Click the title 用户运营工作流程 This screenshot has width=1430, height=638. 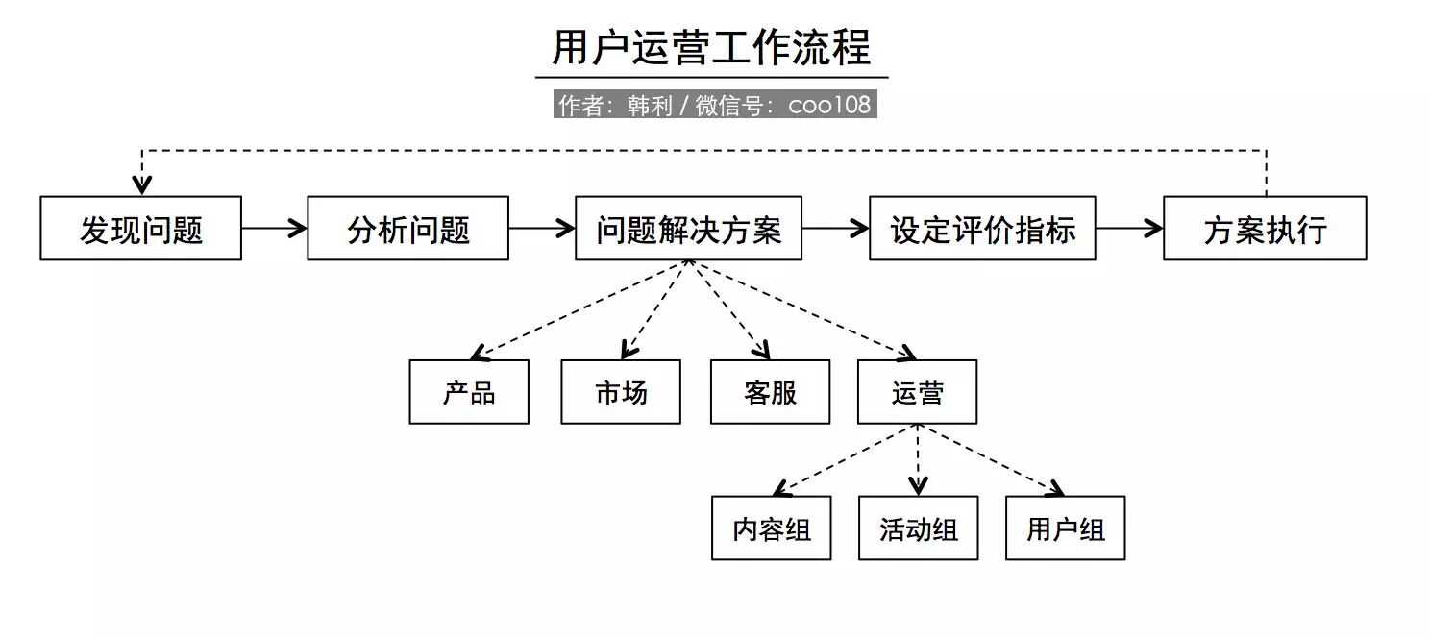pos(711,48)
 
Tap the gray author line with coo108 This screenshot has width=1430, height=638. pos(715,105)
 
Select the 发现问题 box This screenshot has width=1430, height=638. pos(140,229)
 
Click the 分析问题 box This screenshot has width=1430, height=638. pos(407,229)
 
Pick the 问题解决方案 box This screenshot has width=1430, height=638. pos(688,229)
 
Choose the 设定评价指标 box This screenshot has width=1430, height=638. pos(982,229)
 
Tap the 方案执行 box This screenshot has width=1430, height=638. pos(1264,229)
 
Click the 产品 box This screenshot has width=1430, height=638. pos(469,392)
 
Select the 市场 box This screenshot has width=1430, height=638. pos(621,392)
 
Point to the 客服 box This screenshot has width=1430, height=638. pos(770,392)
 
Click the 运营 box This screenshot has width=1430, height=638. pos(917,392)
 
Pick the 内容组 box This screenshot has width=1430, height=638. pos(771,528)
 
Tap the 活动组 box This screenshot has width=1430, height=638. pos(918,528)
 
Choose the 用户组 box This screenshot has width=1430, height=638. pos(1065,528)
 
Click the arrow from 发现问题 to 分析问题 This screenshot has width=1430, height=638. pos(274,229)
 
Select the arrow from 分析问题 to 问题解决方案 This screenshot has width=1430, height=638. pos(541,229)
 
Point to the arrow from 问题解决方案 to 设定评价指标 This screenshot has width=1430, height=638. pos(835,229)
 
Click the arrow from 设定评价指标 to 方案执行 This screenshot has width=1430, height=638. pos(1129,229)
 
